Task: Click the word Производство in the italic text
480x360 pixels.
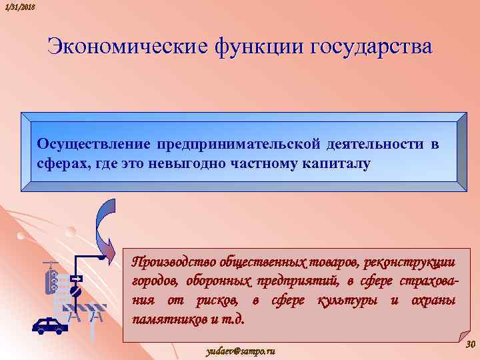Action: [172, 260]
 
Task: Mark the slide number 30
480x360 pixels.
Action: [469, 345]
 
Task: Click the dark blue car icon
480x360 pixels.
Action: [50, 325]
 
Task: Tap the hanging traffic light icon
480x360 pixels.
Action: [51, 279]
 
